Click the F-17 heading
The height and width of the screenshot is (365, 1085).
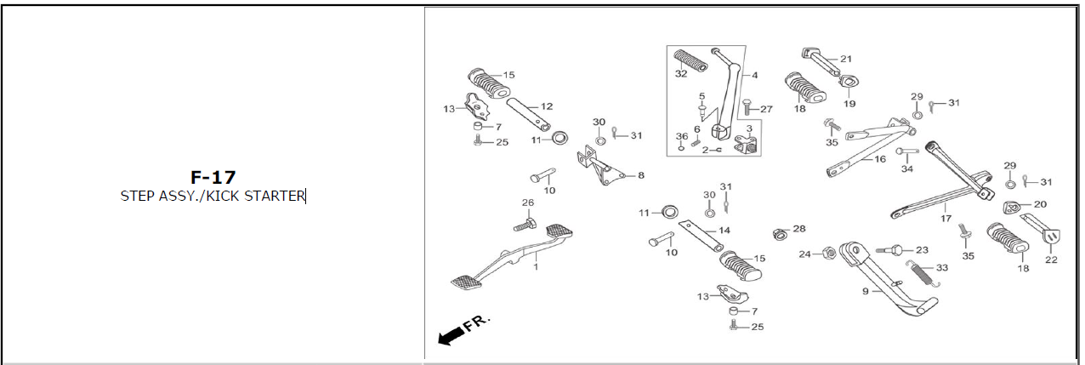tap(213, 178)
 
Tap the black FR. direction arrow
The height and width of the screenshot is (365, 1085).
tap(451, 335)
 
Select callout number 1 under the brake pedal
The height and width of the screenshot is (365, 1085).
tap(536, 266)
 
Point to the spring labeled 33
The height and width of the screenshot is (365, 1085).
tap(923, 273)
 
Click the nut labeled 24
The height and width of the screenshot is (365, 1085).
tap(829, 253)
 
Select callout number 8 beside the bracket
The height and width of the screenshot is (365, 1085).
tap(641, 175)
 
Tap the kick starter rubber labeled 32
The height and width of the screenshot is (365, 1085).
tap(690, 60)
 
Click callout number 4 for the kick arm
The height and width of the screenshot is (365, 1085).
tap(755, 75)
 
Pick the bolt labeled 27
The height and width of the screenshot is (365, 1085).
tap(747, 107)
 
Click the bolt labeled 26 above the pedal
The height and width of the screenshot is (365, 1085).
tap(525, 225)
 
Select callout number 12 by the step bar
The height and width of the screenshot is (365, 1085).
tap(547, 106)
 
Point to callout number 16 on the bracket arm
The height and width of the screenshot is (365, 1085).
tap(879, 159)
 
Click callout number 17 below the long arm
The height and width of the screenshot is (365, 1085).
tap(946, 219)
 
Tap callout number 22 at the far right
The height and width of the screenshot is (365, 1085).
tap(1051, 259)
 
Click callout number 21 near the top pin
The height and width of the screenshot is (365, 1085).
tap(846, 59)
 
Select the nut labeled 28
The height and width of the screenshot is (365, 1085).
tap(778, 234)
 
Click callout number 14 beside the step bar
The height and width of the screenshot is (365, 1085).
tap(724, 231)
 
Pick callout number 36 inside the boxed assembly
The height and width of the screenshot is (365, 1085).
tap(681, 136)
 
